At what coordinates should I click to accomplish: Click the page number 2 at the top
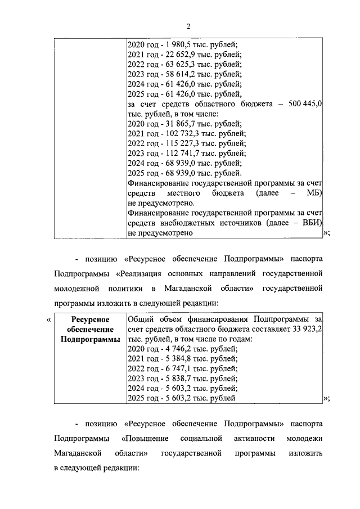[188, 26]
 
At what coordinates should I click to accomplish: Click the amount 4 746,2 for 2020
[170, 349]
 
